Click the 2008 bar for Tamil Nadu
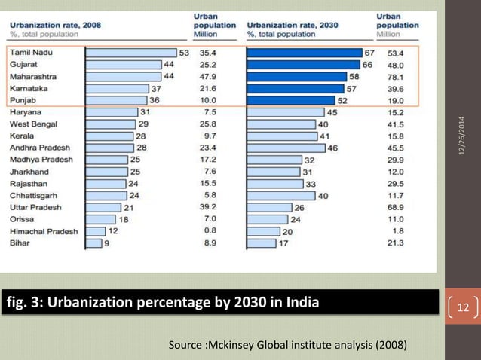click(x=130, y=53)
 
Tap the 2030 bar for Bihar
click(x=261, y=243)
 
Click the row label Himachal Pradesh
click(x=42, y=231)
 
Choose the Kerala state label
click(x=24, y=136)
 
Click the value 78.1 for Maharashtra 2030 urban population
click(x=395, y=77)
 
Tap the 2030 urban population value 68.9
click(x=395, y=207)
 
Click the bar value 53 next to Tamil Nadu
click(x=184, y=53)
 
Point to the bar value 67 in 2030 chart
click(x=369, y=53)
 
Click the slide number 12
click(x=463, y=307)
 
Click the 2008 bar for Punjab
click(x=115, y=100)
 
